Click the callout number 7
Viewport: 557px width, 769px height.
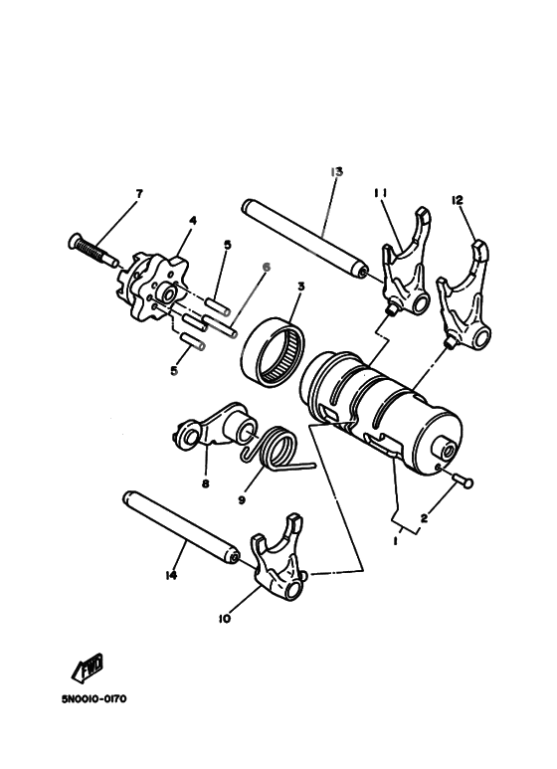(138, 192)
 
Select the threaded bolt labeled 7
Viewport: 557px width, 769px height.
(91, 250)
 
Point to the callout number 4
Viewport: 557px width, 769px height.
(192, 220)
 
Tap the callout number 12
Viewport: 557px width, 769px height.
(458, 200)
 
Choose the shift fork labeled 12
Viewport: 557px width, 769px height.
(466, 298)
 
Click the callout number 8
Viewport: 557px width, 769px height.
(206, 484)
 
